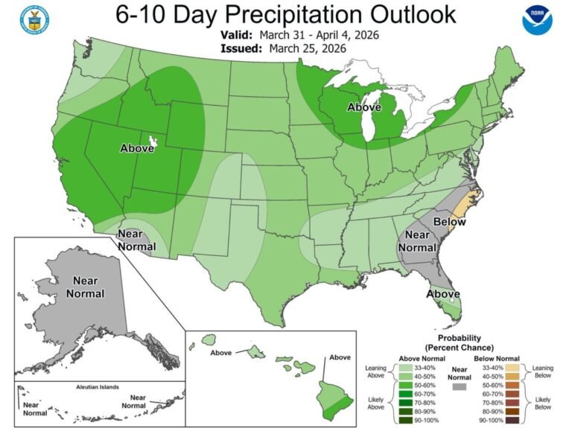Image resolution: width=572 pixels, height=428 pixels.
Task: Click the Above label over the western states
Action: [137, 148]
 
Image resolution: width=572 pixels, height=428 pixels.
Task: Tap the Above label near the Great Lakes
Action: [364, 107]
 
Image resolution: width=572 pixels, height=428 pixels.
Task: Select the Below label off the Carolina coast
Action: [450, 222]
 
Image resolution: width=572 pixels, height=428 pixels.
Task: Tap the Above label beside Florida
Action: [442, 294]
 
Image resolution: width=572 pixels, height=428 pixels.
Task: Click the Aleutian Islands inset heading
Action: [100, 389]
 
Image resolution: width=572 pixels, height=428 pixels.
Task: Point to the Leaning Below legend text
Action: [547, 371]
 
